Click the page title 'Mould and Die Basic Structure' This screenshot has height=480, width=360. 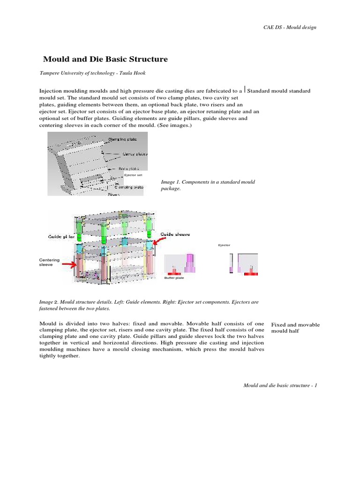(105, 60)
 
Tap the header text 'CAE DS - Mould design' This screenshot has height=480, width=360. (290, 27)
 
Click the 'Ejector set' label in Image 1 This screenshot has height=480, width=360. (133, 175)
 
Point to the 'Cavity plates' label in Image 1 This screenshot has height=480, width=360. (135, 154)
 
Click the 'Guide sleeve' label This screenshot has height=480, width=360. (175, 234)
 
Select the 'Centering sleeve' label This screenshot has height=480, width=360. (49, 262)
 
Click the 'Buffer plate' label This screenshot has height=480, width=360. (174, 278)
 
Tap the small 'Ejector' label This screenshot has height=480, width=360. (224, 245)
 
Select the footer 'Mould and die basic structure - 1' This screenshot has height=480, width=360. (280, 385)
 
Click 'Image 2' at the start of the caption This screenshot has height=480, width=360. (48, 303)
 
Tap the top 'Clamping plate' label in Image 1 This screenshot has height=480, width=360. (123, 140)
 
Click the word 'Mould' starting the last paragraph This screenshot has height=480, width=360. (47, 324)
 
